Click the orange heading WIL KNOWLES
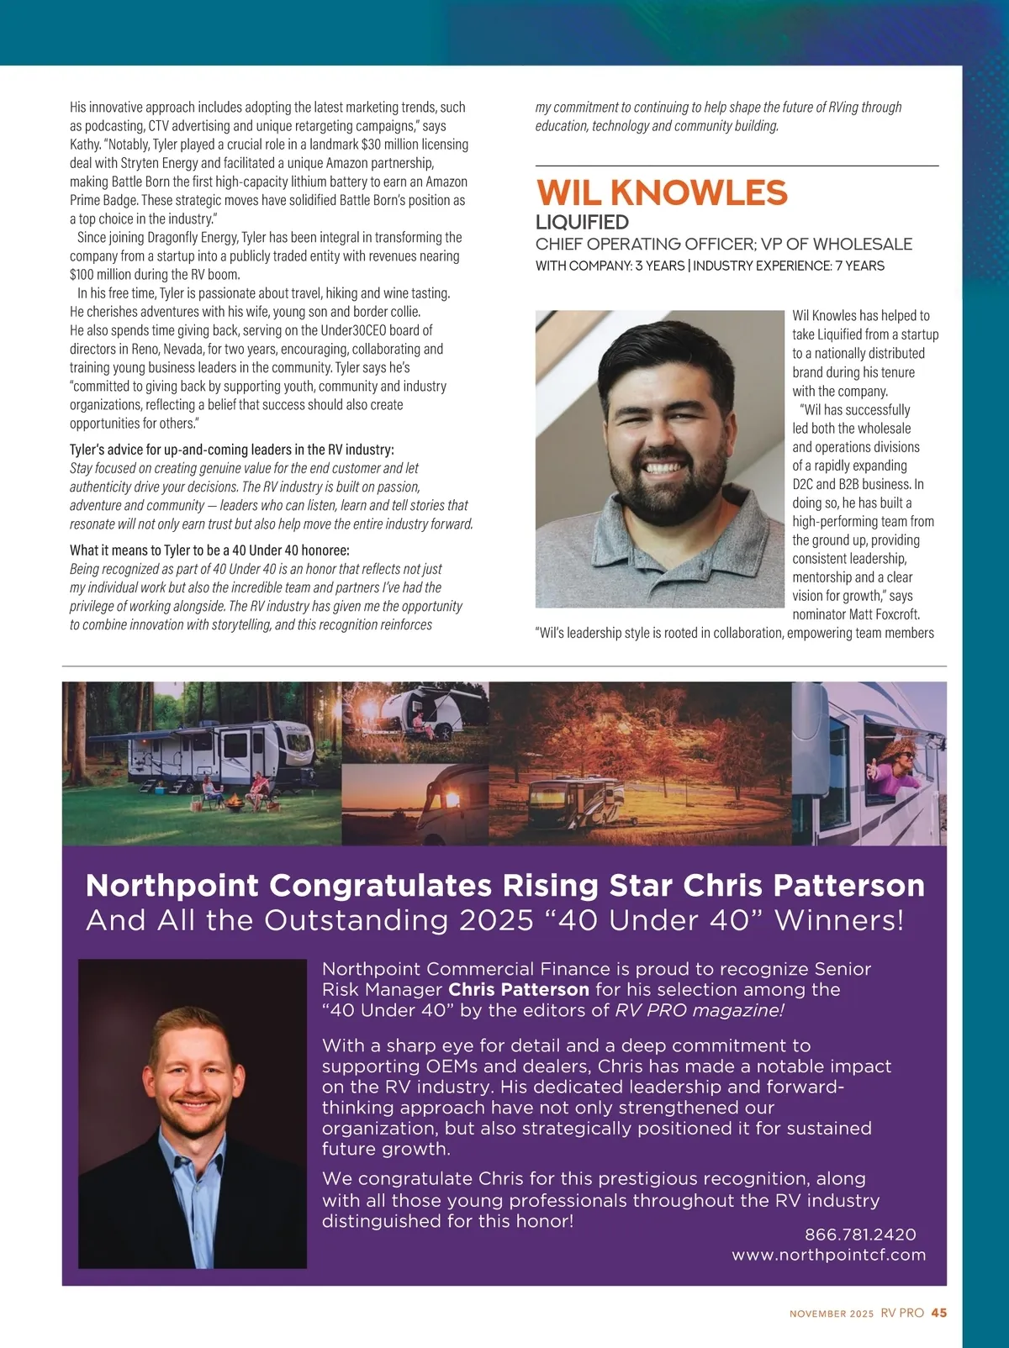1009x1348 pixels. pyautogui.click(x=662, y=193)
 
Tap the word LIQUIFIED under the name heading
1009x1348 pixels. pyautogui.click(x=582, y=223)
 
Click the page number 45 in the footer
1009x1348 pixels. pyautogui.click(x=939, y=1313)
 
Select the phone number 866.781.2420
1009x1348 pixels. pyautogui.click(x=860, y=1235)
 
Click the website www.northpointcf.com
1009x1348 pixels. pyautogui.click(x=828, y=1255)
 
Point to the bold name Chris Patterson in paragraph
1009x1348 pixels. pyautogui.click(x=519, y=990)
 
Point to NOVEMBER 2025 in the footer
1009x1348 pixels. pyautogui.click(x=832, y=1314)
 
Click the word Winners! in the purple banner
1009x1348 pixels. pyautogui.click(x=839, y=920)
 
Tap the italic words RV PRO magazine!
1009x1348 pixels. pyautogui.click(x=700, y=1010)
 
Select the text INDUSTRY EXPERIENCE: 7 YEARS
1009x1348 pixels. pyautogui.click(x=789, y=266)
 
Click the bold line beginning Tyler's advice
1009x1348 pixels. pyautogui.click(x=232, y=450)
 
